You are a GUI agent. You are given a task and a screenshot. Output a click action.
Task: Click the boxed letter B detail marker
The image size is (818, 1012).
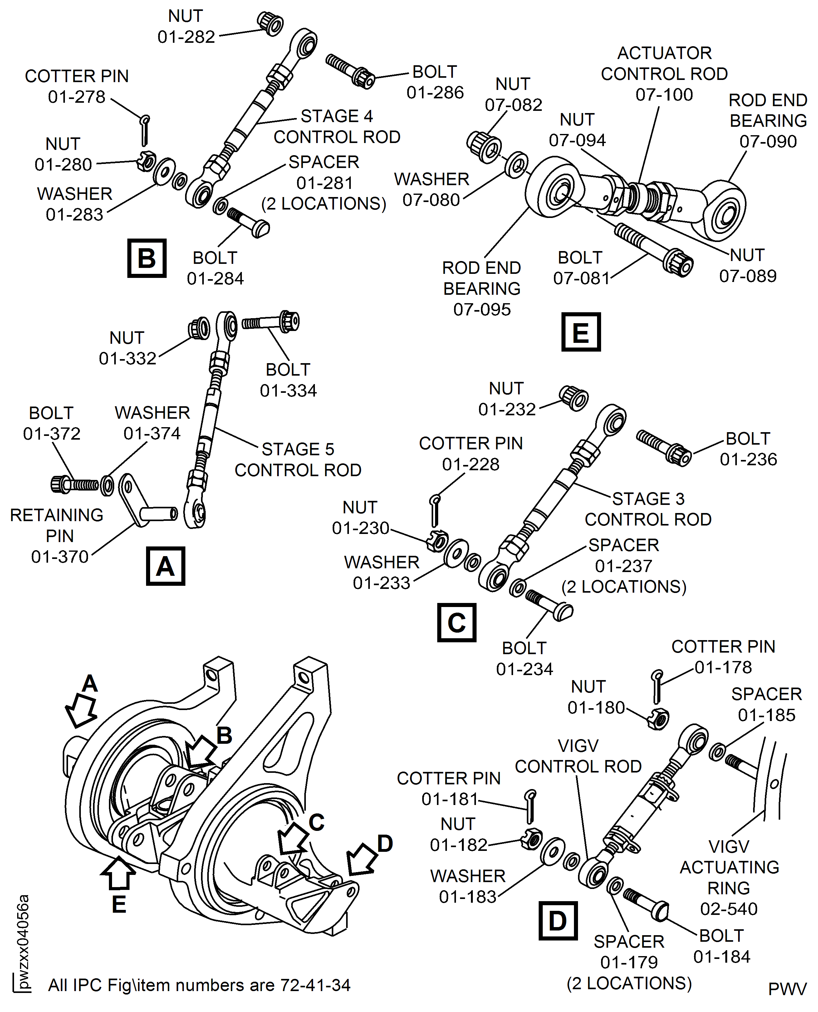point(147,258)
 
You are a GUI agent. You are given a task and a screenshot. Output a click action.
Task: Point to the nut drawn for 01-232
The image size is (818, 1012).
point(573,399)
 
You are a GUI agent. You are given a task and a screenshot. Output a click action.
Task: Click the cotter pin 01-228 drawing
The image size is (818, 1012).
point(435,511)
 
